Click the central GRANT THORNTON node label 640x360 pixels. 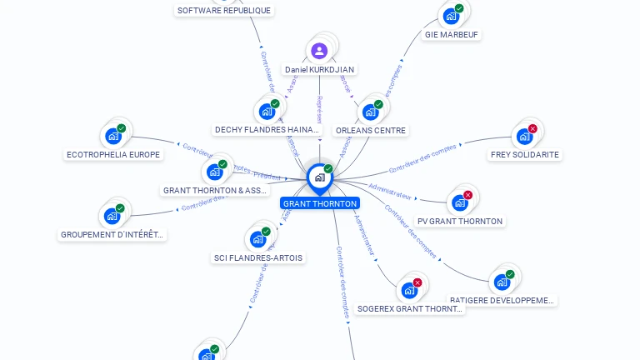click(320, 203)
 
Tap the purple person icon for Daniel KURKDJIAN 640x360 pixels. click(319, 51)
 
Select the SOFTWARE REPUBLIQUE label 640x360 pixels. click(224, 10)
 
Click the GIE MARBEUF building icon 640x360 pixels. click(451, 16)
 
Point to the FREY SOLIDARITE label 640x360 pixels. click(524, 154)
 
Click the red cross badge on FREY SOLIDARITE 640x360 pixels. click(532, 128)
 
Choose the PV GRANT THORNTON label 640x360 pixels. click(460, 221)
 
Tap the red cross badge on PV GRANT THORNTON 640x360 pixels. click(467, 195)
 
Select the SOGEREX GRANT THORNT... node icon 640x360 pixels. click(408, 290)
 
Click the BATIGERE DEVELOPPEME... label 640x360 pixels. click(502, 300)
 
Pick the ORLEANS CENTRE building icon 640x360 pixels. click(370, 112)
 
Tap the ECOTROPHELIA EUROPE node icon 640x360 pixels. click(112, 136)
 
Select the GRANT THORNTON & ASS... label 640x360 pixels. click(216, 190)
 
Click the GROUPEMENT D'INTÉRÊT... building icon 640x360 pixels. click(112, 216)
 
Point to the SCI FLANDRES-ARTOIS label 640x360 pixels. click(258, 257)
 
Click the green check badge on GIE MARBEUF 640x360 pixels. click(459, 8)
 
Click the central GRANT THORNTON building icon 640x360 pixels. click(319, 177)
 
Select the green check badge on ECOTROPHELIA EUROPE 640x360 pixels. click(121, 128)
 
